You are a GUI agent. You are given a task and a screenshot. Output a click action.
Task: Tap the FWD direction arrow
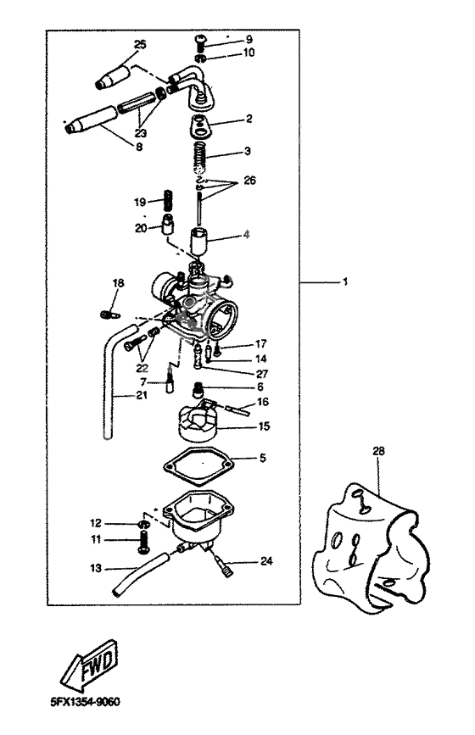(88, 664)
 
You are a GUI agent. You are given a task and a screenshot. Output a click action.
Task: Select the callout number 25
(140, 43)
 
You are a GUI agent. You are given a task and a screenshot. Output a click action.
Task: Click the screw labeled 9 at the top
(201, 38)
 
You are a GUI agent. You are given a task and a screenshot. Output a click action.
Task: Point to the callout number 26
(249, 180)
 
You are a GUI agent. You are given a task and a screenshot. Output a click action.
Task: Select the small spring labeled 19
(167, 203)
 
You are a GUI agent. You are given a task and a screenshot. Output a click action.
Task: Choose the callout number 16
(262, 401)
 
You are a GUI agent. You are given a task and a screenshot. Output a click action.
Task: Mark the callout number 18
(118, 282)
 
